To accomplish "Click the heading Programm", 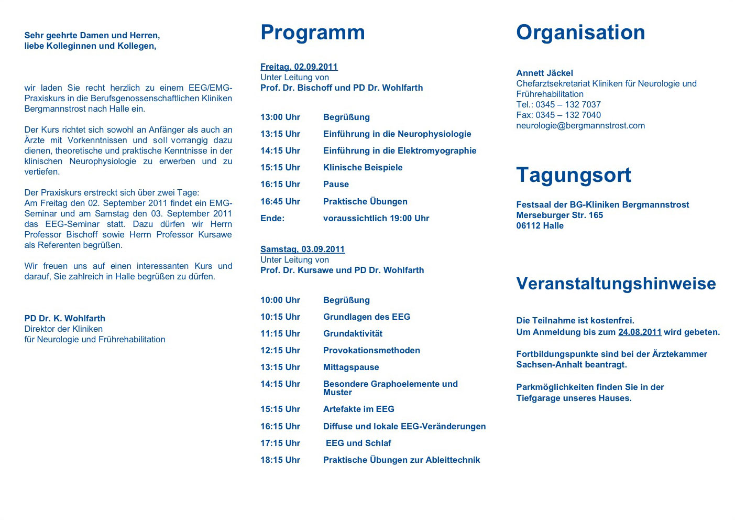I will pyautogui.click(x=312, y=32).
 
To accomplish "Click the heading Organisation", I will pyautogui.click(x=580, y=32).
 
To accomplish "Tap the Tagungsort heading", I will pyautogui.click(x=574, y=175).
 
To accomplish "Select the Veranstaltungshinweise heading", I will pyautogui.click(x=616, y=284).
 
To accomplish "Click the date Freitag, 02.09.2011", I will pyautogui.click(x=299, y=67).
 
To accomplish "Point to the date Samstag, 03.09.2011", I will pyautogui.click(x=303, y=250).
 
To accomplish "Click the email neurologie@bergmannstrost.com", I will pyautogui.click(x=580, y=126).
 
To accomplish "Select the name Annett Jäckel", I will pyautogui.click(x=544, y=73).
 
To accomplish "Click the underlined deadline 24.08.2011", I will pyautogui.click(x=640, y=332).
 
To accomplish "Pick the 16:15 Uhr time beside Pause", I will pyautogui.click(x=280, y=185).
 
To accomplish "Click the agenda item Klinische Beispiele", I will pyautogui.click(x=363, y=168).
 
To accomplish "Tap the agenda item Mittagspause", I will pyautogui.click(x=351, y=367).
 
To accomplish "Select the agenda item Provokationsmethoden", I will pyautogui.click(x=371, y=351).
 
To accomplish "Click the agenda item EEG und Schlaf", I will pyautogui.click(x=358, y=443).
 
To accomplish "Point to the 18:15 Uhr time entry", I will pyautogui.click(x=280, y=460).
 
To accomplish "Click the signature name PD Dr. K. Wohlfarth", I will pyautogui.click(x=64, y=319).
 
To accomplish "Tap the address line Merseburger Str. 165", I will pyautogui.click(x=560, y=215).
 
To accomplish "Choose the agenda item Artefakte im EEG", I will pyautogui.click(x=358, y=409).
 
